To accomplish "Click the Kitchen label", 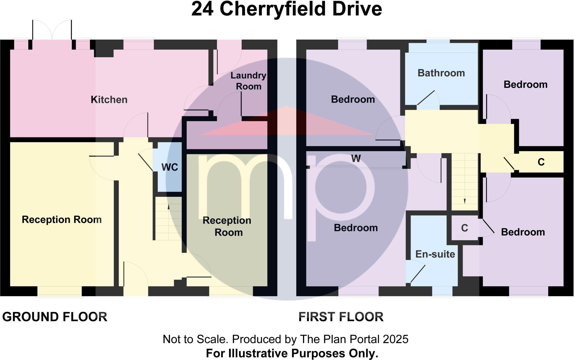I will [109, 100].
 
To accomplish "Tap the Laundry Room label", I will [248, 81].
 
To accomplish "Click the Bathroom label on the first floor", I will [441, 73].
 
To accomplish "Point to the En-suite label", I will [435, 254].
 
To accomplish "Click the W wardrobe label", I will [356, 159].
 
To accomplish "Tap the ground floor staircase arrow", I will [168, 207].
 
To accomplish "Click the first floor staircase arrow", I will [465, 201].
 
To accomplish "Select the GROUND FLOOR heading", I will [55, 317].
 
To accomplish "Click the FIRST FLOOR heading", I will [341, 317].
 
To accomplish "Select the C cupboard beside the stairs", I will [464, 228].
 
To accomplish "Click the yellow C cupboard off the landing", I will [541, 162].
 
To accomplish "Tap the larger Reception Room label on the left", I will [62, 220].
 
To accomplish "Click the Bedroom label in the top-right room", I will [526, 85].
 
